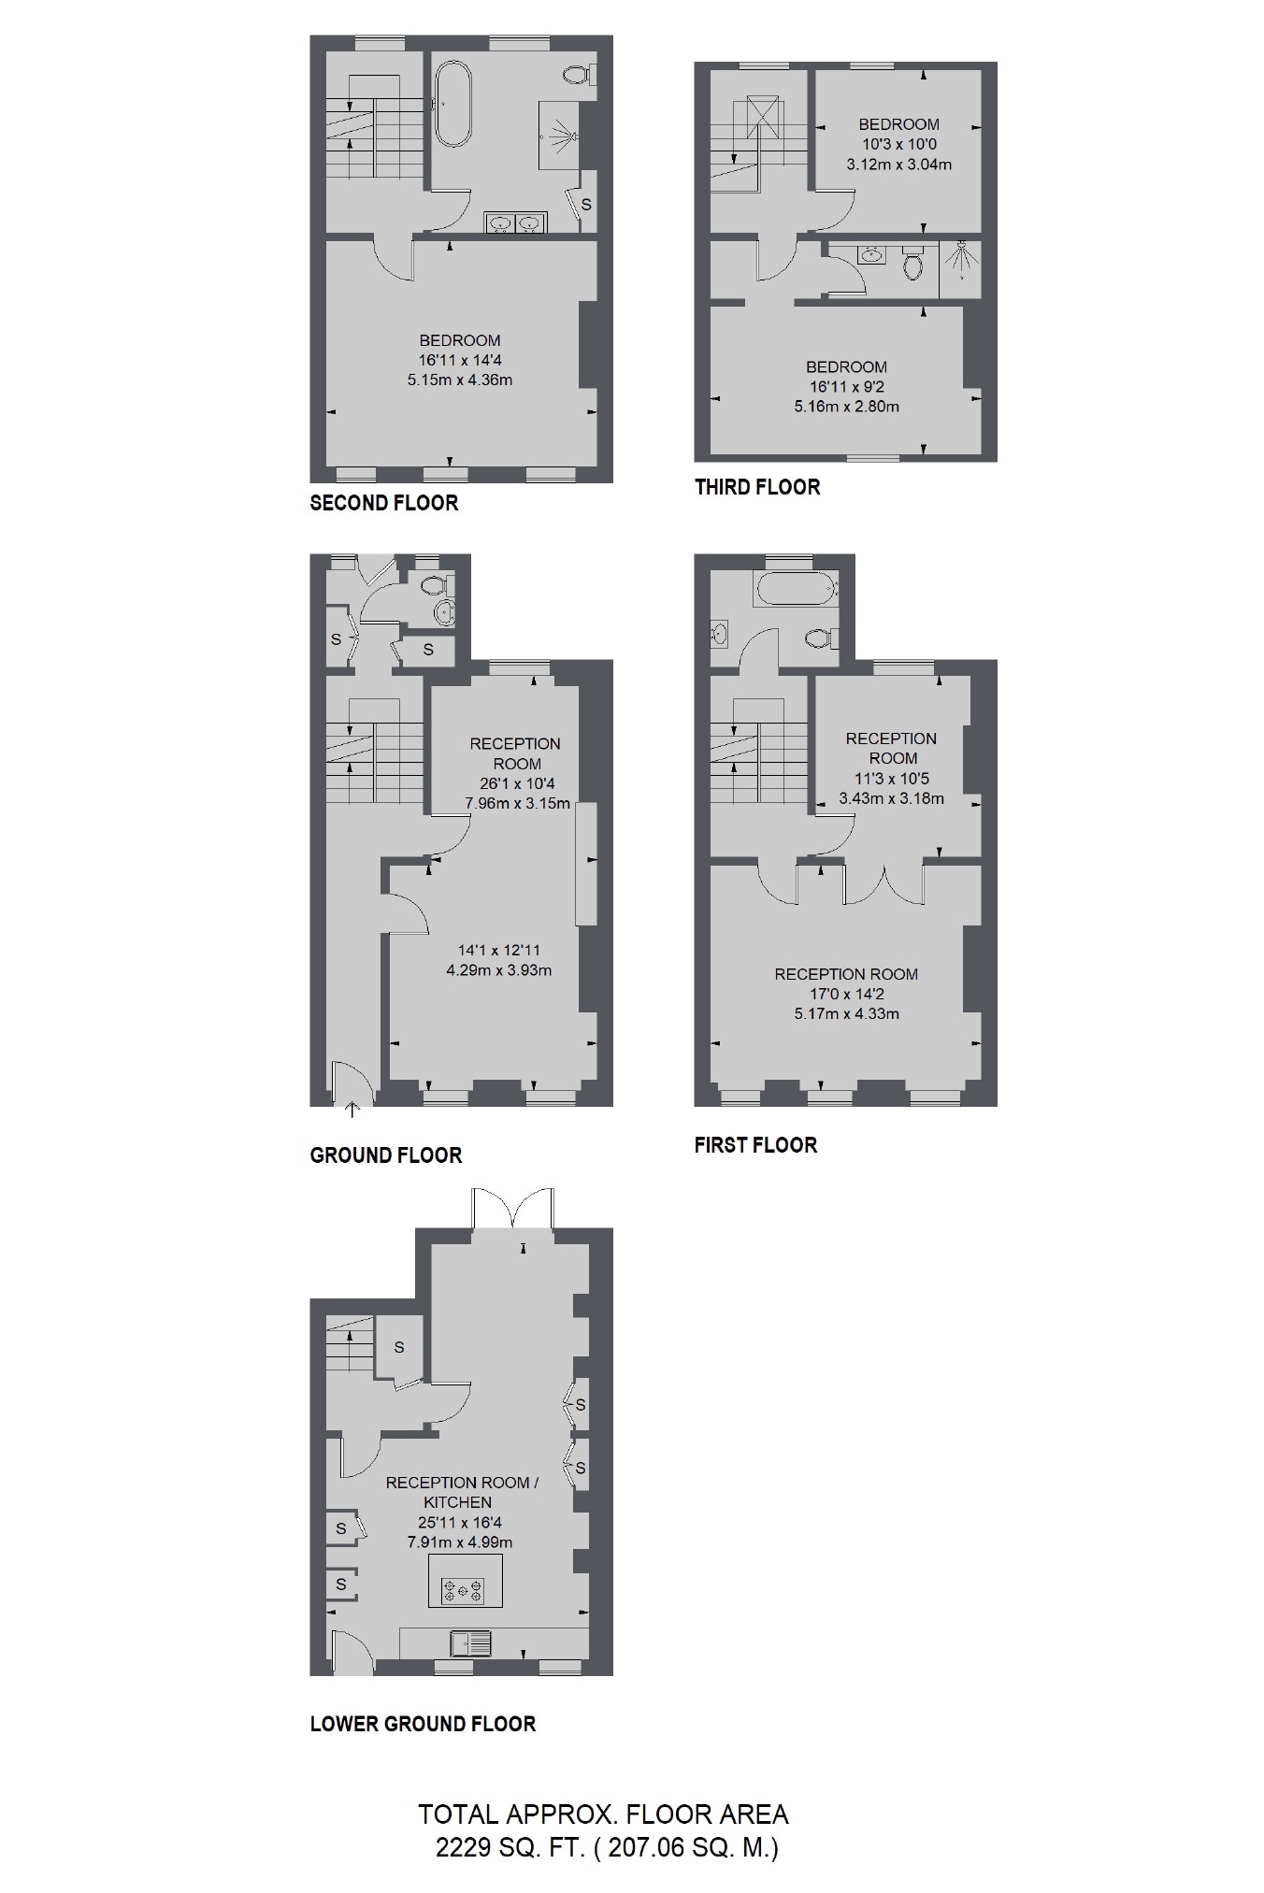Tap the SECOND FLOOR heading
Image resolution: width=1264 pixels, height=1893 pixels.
[384, 503]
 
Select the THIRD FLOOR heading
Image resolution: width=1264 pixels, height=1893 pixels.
[757, 487]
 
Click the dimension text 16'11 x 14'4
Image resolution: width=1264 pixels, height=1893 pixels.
[460, 360]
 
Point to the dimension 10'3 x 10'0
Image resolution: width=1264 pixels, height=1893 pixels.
[899, 144]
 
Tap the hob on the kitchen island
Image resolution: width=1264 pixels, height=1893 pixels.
[466, 1589]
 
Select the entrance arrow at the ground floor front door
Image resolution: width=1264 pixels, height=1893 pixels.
[352, 1111]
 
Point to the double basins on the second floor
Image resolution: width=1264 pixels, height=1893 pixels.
[515, 222]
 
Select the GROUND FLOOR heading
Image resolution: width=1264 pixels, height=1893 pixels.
[386, 1155]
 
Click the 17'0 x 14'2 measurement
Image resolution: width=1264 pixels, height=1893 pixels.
[847, 994]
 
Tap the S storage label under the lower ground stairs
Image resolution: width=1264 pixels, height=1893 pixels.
[399, 1347]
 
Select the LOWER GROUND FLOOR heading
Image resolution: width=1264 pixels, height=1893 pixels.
[423, 1724]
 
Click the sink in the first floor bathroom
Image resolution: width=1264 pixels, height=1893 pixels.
[719, 634]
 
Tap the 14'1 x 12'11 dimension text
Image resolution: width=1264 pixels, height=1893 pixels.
[499, 951]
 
